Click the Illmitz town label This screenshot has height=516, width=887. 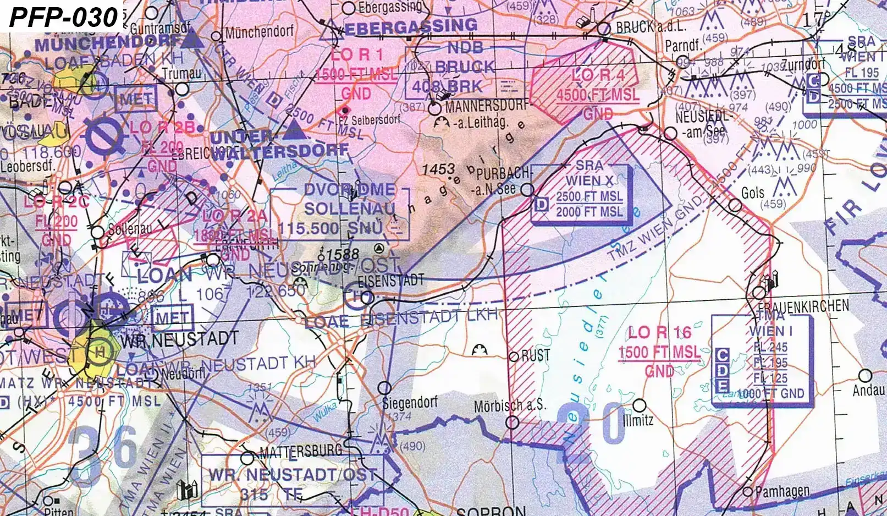[x=638, y=421]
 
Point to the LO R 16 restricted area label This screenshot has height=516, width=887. [x=659, y=333]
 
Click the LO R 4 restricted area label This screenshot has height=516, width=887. [x=597, y=75]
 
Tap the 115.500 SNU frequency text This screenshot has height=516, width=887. [x=330, y=228]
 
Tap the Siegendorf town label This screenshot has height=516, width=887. [x=410, y=402]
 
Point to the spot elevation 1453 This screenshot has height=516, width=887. [x=438, y=169]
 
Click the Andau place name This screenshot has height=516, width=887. [x=868, y=391]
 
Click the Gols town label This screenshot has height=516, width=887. [x=752, y=193]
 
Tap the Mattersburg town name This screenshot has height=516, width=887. [x=300, y=452]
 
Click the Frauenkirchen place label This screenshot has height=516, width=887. [x=803, y=306]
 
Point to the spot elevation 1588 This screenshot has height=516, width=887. [x=341, y=254]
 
